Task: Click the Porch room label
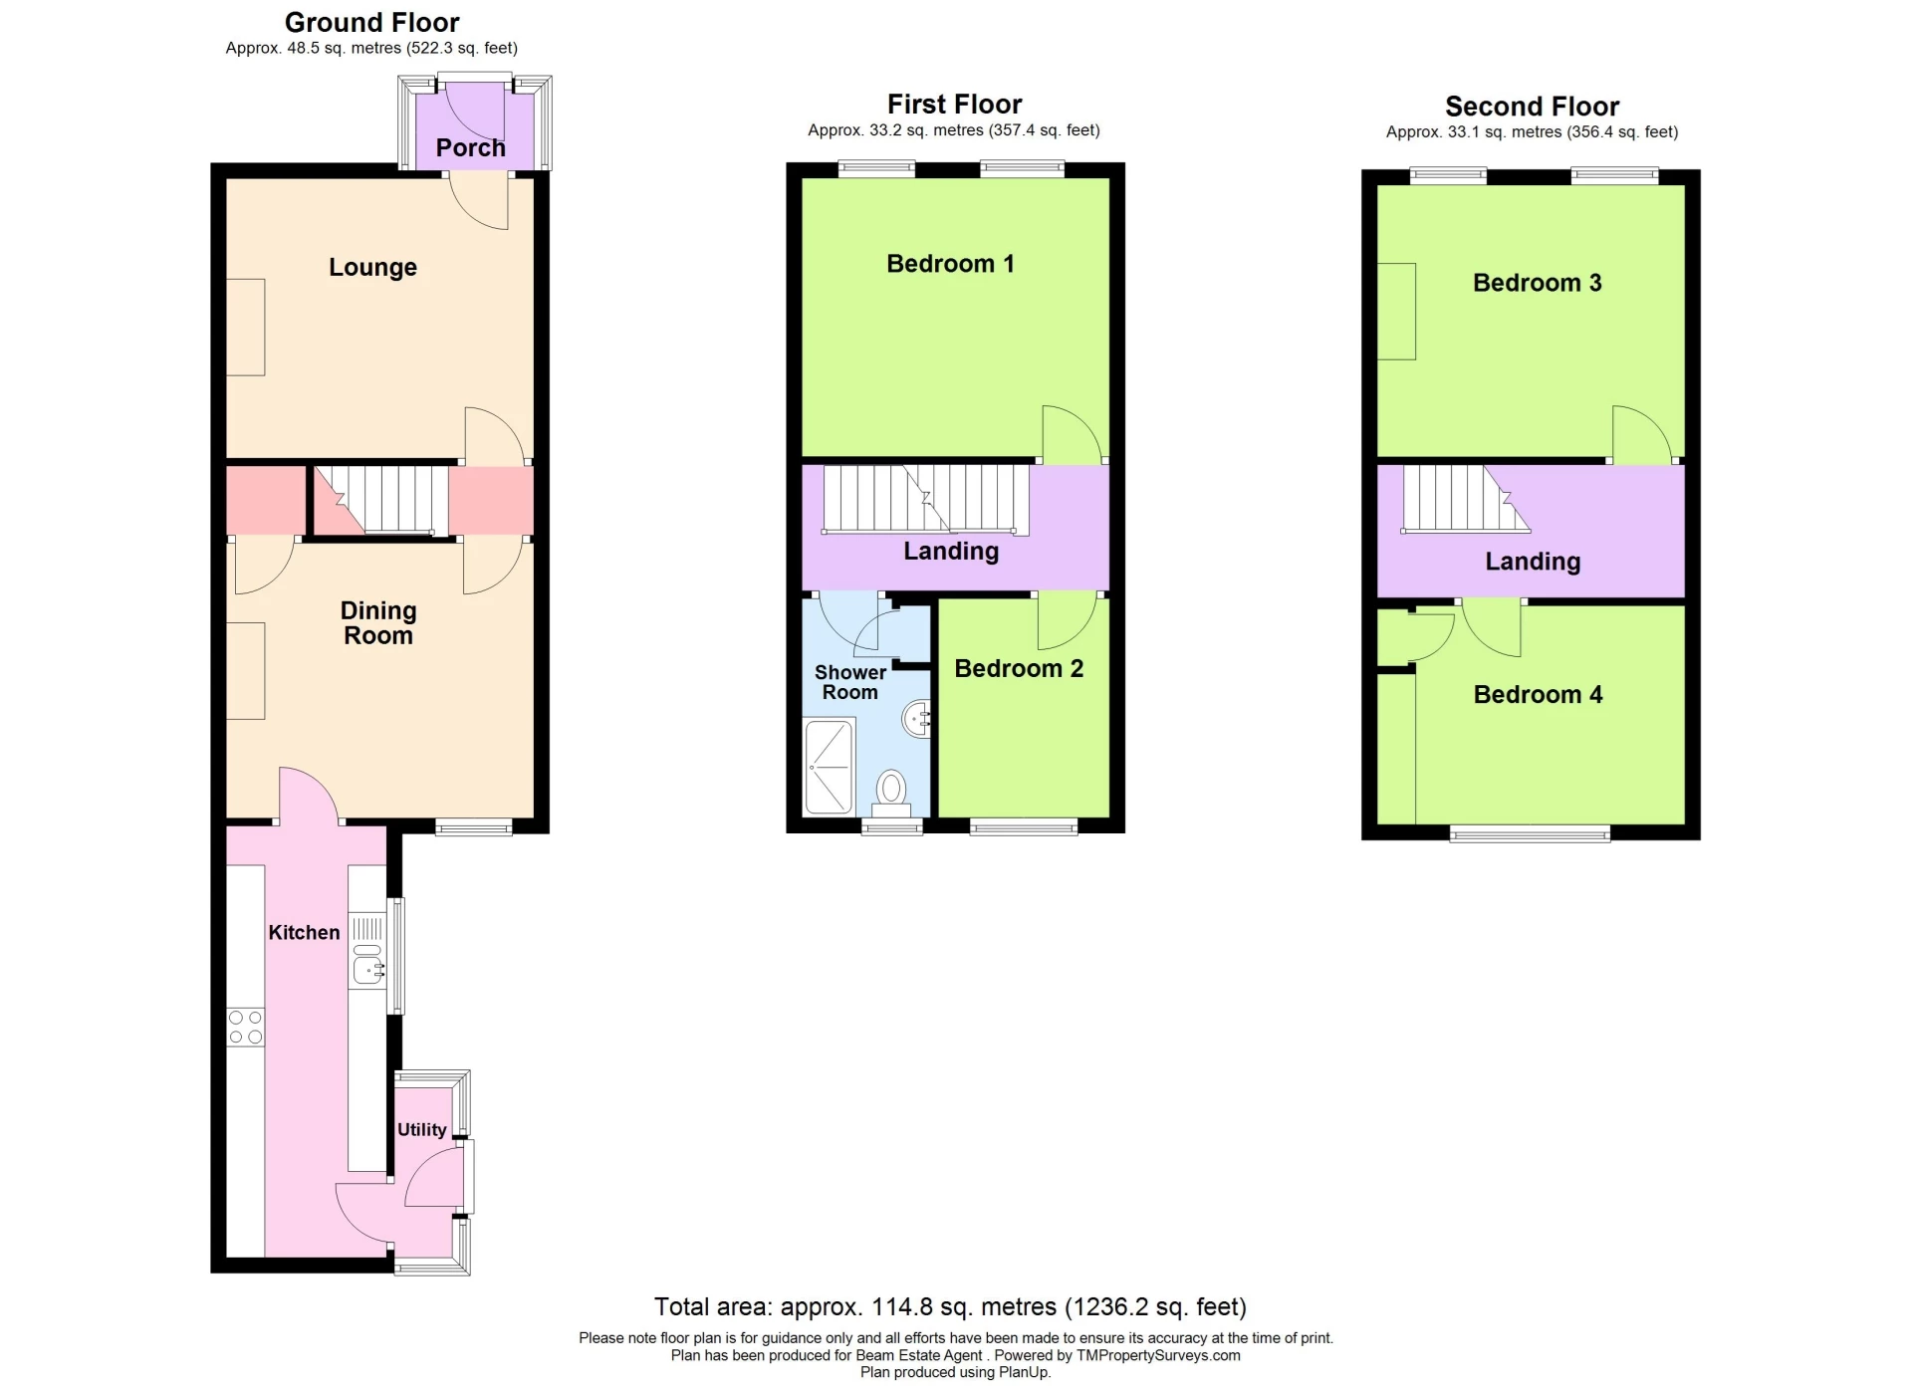pyautogui.click(x=470, y=148)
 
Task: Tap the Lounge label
pyautogui.click(x=372, y=268)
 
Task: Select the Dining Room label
pyautogui.click(x=378, y=623)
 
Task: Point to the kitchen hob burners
pyautogui.click(x=245, y=1028)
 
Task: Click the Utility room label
pyautogui.click(x=421, y=1130)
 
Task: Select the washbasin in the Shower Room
pyautogui.click(x=917, y=718)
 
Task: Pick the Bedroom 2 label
pyautogui.click(x=1018, y=669)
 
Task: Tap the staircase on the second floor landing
pyautogui.click(x=1461, y=500)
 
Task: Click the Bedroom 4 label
pyautogui.click(x=1538, y=695)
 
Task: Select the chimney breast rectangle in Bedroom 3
pyautogui.click(x=1396, y=312)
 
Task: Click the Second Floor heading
pyautogui.click(x=1532, y=107)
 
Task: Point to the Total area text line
pyautogui.click(x=950, y=1307)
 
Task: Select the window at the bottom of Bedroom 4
pyautogui.click(x=1530, y=834)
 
